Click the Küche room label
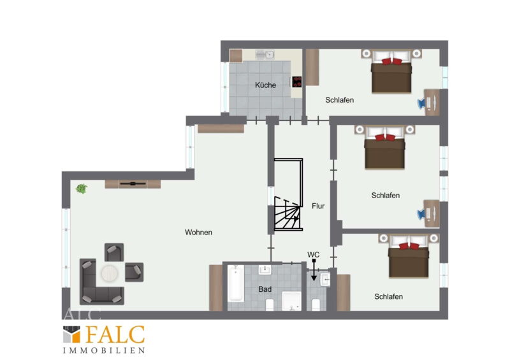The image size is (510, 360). tap(265, 85)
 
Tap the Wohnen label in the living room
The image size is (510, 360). tap(198, 233)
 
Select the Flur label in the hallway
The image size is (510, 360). tap(318, 206)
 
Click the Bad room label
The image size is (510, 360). tap(265, 289)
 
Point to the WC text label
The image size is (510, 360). tap(313, 255)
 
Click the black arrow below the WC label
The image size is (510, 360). tap(314, 270)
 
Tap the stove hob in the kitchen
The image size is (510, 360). tap(296, 82)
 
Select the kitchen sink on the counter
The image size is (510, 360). tap(265, 55)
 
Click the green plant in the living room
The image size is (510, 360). tap(82, 189)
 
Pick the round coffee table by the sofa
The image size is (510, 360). tap(109, 273)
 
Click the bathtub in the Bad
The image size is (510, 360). tap(235, 284)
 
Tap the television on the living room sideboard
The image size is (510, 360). tap(133, 184)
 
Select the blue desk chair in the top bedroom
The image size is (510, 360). tap(422, 103)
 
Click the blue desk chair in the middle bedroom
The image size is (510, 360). tap(421, 213)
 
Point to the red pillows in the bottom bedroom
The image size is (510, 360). tap(409, 246)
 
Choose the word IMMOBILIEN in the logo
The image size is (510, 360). tap(104, 350)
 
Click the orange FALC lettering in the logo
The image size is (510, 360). tap(115, 335)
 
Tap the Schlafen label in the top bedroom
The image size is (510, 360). tap(339, 100)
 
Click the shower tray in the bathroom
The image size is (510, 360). tap(291, 301)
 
